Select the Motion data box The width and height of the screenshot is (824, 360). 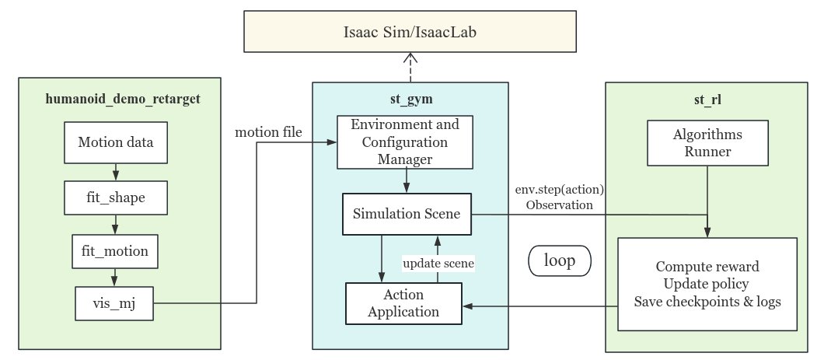pos(115,142)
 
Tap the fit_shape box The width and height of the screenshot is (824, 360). pos(115,197)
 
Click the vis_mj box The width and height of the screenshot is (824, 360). pos(115,302)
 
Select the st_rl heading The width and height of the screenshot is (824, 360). pos(707,100)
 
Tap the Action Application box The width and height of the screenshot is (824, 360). pos(404,304)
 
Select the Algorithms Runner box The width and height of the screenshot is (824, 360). pos(707,142)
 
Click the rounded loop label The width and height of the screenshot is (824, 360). pos(560,260)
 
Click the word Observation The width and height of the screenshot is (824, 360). pos(559,205)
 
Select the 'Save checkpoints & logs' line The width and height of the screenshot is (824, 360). pos(707,301)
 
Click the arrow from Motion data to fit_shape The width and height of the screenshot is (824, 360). pos(115,170)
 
